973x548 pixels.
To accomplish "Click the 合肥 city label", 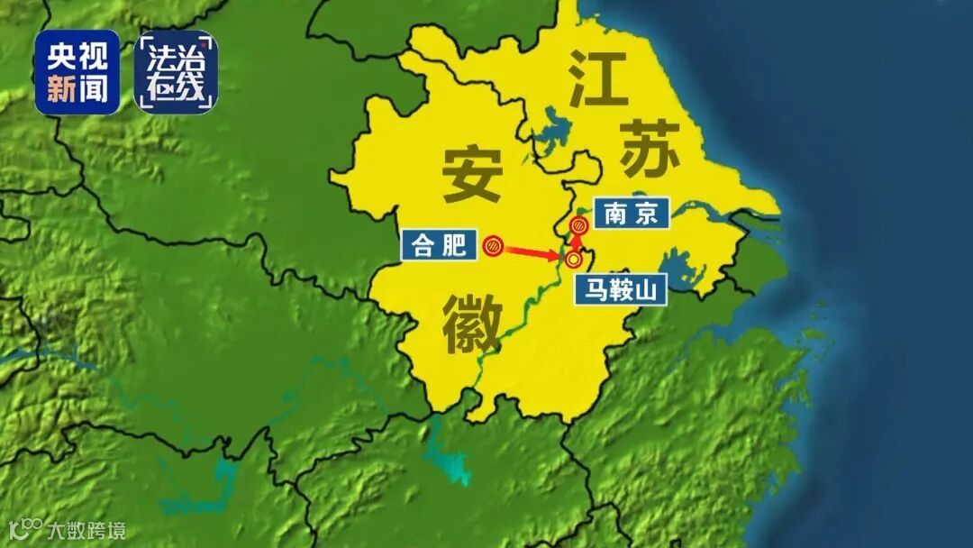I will [x=439, y=245].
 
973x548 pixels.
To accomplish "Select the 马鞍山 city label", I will [x=621, y=290].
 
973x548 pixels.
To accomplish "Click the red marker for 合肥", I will [x=492, y=245].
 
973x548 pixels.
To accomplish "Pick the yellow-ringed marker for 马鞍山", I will [x=573, y=260].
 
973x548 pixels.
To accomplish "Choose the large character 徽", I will [x=471, y=326].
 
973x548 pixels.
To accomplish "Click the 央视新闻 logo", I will [x=77, y=72].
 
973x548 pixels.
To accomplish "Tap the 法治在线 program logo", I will [x=176, y=72].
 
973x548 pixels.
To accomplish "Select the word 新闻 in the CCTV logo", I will [x=77, y=88].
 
